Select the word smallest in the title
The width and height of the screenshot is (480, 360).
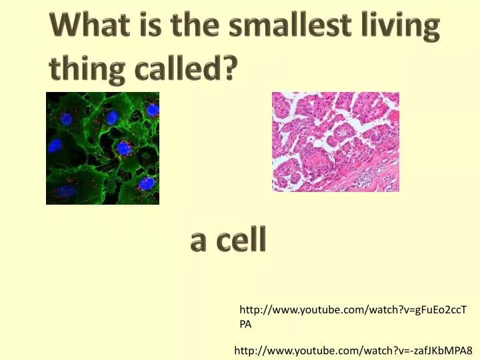(x=289, y=23)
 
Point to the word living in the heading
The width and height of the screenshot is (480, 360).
(x=401, y=26)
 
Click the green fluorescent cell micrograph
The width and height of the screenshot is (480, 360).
(x=103, y=148)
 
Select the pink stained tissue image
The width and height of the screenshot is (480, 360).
(x=335, y=142)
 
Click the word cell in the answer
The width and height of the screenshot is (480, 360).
(x=241, y=239)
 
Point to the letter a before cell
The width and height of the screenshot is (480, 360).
(x=199, y=243)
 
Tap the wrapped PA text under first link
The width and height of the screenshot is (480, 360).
(x=245, y=324)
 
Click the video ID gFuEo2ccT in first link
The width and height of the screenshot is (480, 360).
(x=440, y=310)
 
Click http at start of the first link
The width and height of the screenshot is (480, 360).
(x=249, y=310)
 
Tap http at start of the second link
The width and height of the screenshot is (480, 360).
(x=244, y=350)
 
